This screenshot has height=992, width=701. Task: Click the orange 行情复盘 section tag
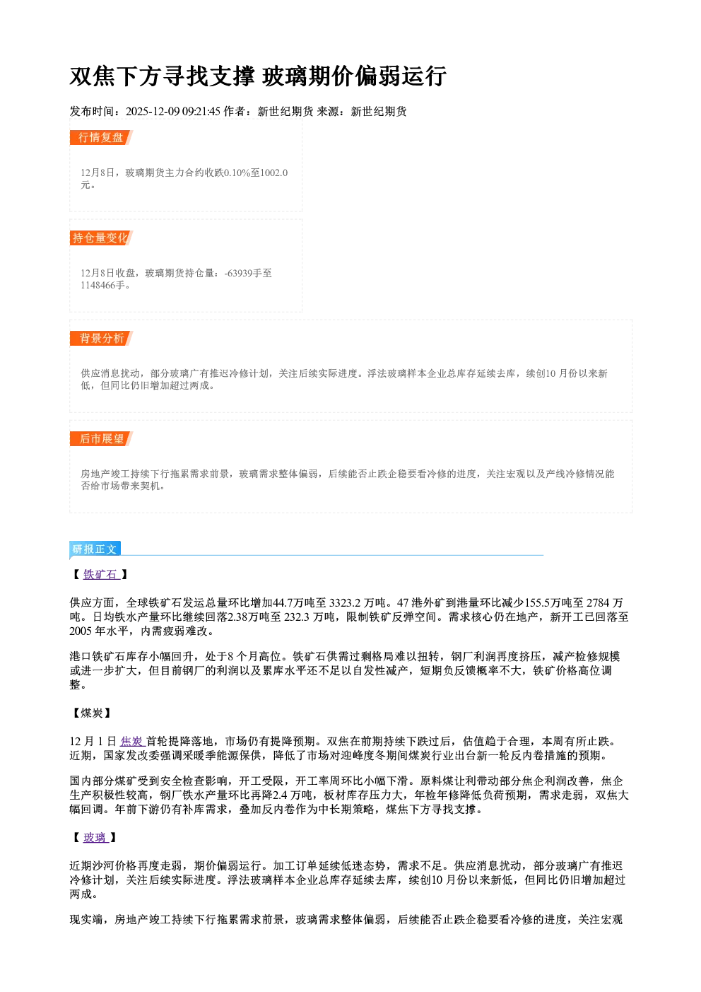pyautogui.click(x=101, y=137)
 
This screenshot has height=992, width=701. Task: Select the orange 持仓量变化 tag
pyautogui.click(x=101, y=238)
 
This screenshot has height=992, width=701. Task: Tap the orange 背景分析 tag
pyautogui.click(x=101, y=339)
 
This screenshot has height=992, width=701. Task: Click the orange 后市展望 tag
pyautogui.click(x=101, y=439)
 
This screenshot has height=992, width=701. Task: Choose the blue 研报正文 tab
pyautogui.click(x=95, y=549)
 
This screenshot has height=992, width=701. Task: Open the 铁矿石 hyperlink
pyautogui.click(x=101, y=574)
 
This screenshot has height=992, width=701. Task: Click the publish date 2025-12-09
pyautogui.click(x=153, y=111)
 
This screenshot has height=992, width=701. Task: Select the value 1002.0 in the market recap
pyautogui.click(x=273, y=173)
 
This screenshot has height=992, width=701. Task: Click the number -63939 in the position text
pyautogui.click(x=239, y=273)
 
